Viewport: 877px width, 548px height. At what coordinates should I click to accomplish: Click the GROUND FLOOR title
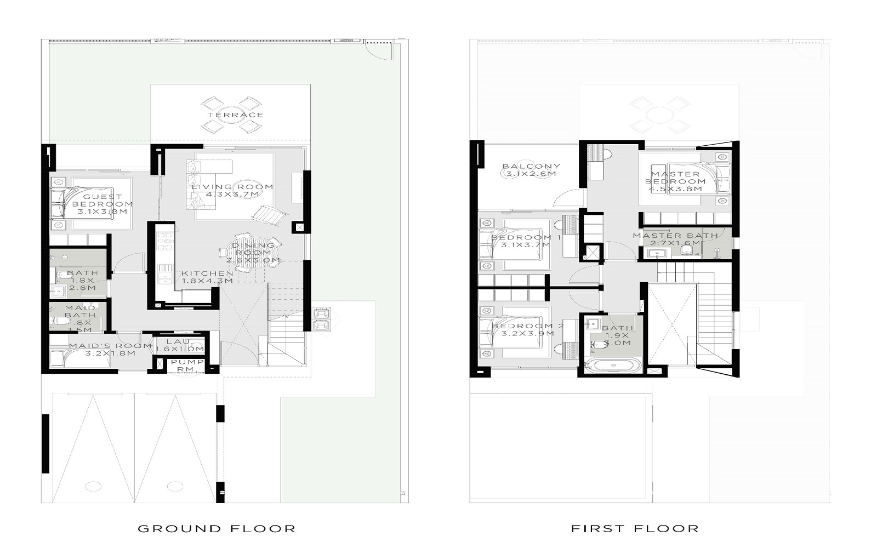[x=217, y=529]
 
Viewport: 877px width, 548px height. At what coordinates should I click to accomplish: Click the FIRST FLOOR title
[x=635, y=529]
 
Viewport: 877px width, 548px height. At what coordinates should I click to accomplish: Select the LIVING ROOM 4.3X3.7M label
[x=232, y=191]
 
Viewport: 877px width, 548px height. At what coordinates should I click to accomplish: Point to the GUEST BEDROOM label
[x=102, y=204]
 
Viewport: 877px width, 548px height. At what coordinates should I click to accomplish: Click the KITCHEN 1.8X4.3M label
[x=207, y=277]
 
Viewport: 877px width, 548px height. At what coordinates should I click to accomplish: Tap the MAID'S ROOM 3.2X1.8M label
[x=110, y=350]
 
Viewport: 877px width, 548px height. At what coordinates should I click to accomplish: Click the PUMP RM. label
[x=187, y=366]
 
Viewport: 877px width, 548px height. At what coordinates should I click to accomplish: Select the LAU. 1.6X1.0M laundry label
[x=180, y=345]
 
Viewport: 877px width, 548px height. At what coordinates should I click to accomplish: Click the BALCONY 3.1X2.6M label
[x=531, y=170]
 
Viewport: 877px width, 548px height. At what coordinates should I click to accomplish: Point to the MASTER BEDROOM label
[x=675, y=181]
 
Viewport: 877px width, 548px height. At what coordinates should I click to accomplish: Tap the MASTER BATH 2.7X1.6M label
[x=675, y=239]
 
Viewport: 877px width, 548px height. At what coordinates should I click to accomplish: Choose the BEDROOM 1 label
[x=525, y=241]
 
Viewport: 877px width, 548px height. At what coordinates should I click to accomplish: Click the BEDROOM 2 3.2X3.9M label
[x=527, y=330]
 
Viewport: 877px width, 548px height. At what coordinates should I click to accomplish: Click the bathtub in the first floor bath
[x=612, y=366]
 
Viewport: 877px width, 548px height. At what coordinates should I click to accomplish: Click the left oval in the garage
[x=93, y=486]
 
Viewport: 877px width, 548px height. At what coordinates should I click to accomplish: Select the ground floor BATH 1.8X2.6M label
[x=82, y=280]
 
